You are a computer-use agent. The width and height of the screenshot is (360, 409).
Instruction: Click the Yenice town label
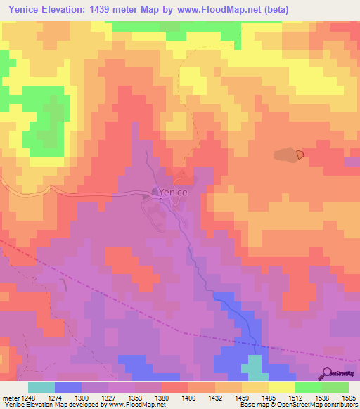coord(173,192)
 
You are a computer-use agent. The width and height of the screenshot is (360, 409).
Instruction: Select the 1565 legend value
coord(347,396)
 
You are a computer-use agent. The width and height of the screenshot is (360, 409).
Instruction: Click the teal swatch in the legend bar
coord(41,387)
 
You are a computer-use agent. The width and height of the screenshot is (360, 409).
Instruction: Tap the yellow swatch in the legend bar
coord(282,387)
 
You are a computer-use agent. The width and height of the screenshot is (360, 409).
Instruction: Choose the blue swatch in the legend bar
coord(68,387)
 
